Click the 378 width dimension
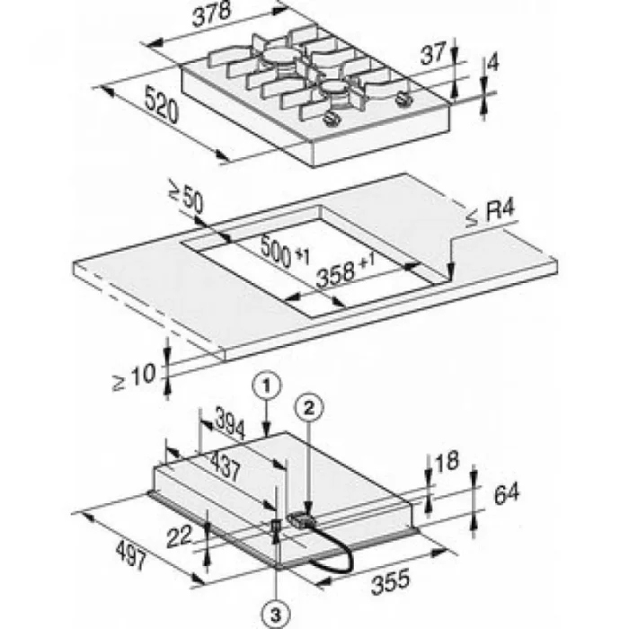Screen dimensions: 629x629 coord(211,14)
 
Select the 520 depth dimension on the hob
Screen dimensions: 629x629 coord(161,105)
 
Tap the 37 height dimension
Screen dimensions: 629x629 coord(433,54)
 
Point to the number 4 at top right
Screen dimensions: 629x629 coord(492,63)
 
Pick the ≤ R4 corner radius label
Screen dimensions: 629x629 coord(491,213)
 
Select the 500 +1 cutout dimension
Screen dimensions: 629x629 coord(285,252)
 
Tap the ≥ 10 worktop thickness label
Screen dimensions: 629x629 coord(134,377)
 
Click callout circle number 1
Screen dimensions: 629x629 coord(267,385)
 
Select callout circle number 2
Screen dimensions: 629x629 coord(309,408)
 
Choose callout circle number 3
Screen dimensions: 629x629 coord(276,614)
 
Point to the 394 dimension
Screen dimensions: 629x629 coord(230,424)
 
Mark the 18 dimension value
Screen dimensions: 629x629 coord(447,461)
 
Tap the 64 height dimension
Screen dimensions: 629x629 coord(506,493)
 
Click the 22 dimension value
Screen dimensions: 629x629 coord(179,536)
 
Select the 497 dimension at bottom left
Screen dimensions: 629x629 coord(131,554)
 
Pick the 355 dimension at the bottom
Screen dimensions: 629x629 coord(391,581)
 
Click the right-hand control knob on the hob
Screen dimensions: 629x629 coord(403,99)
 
